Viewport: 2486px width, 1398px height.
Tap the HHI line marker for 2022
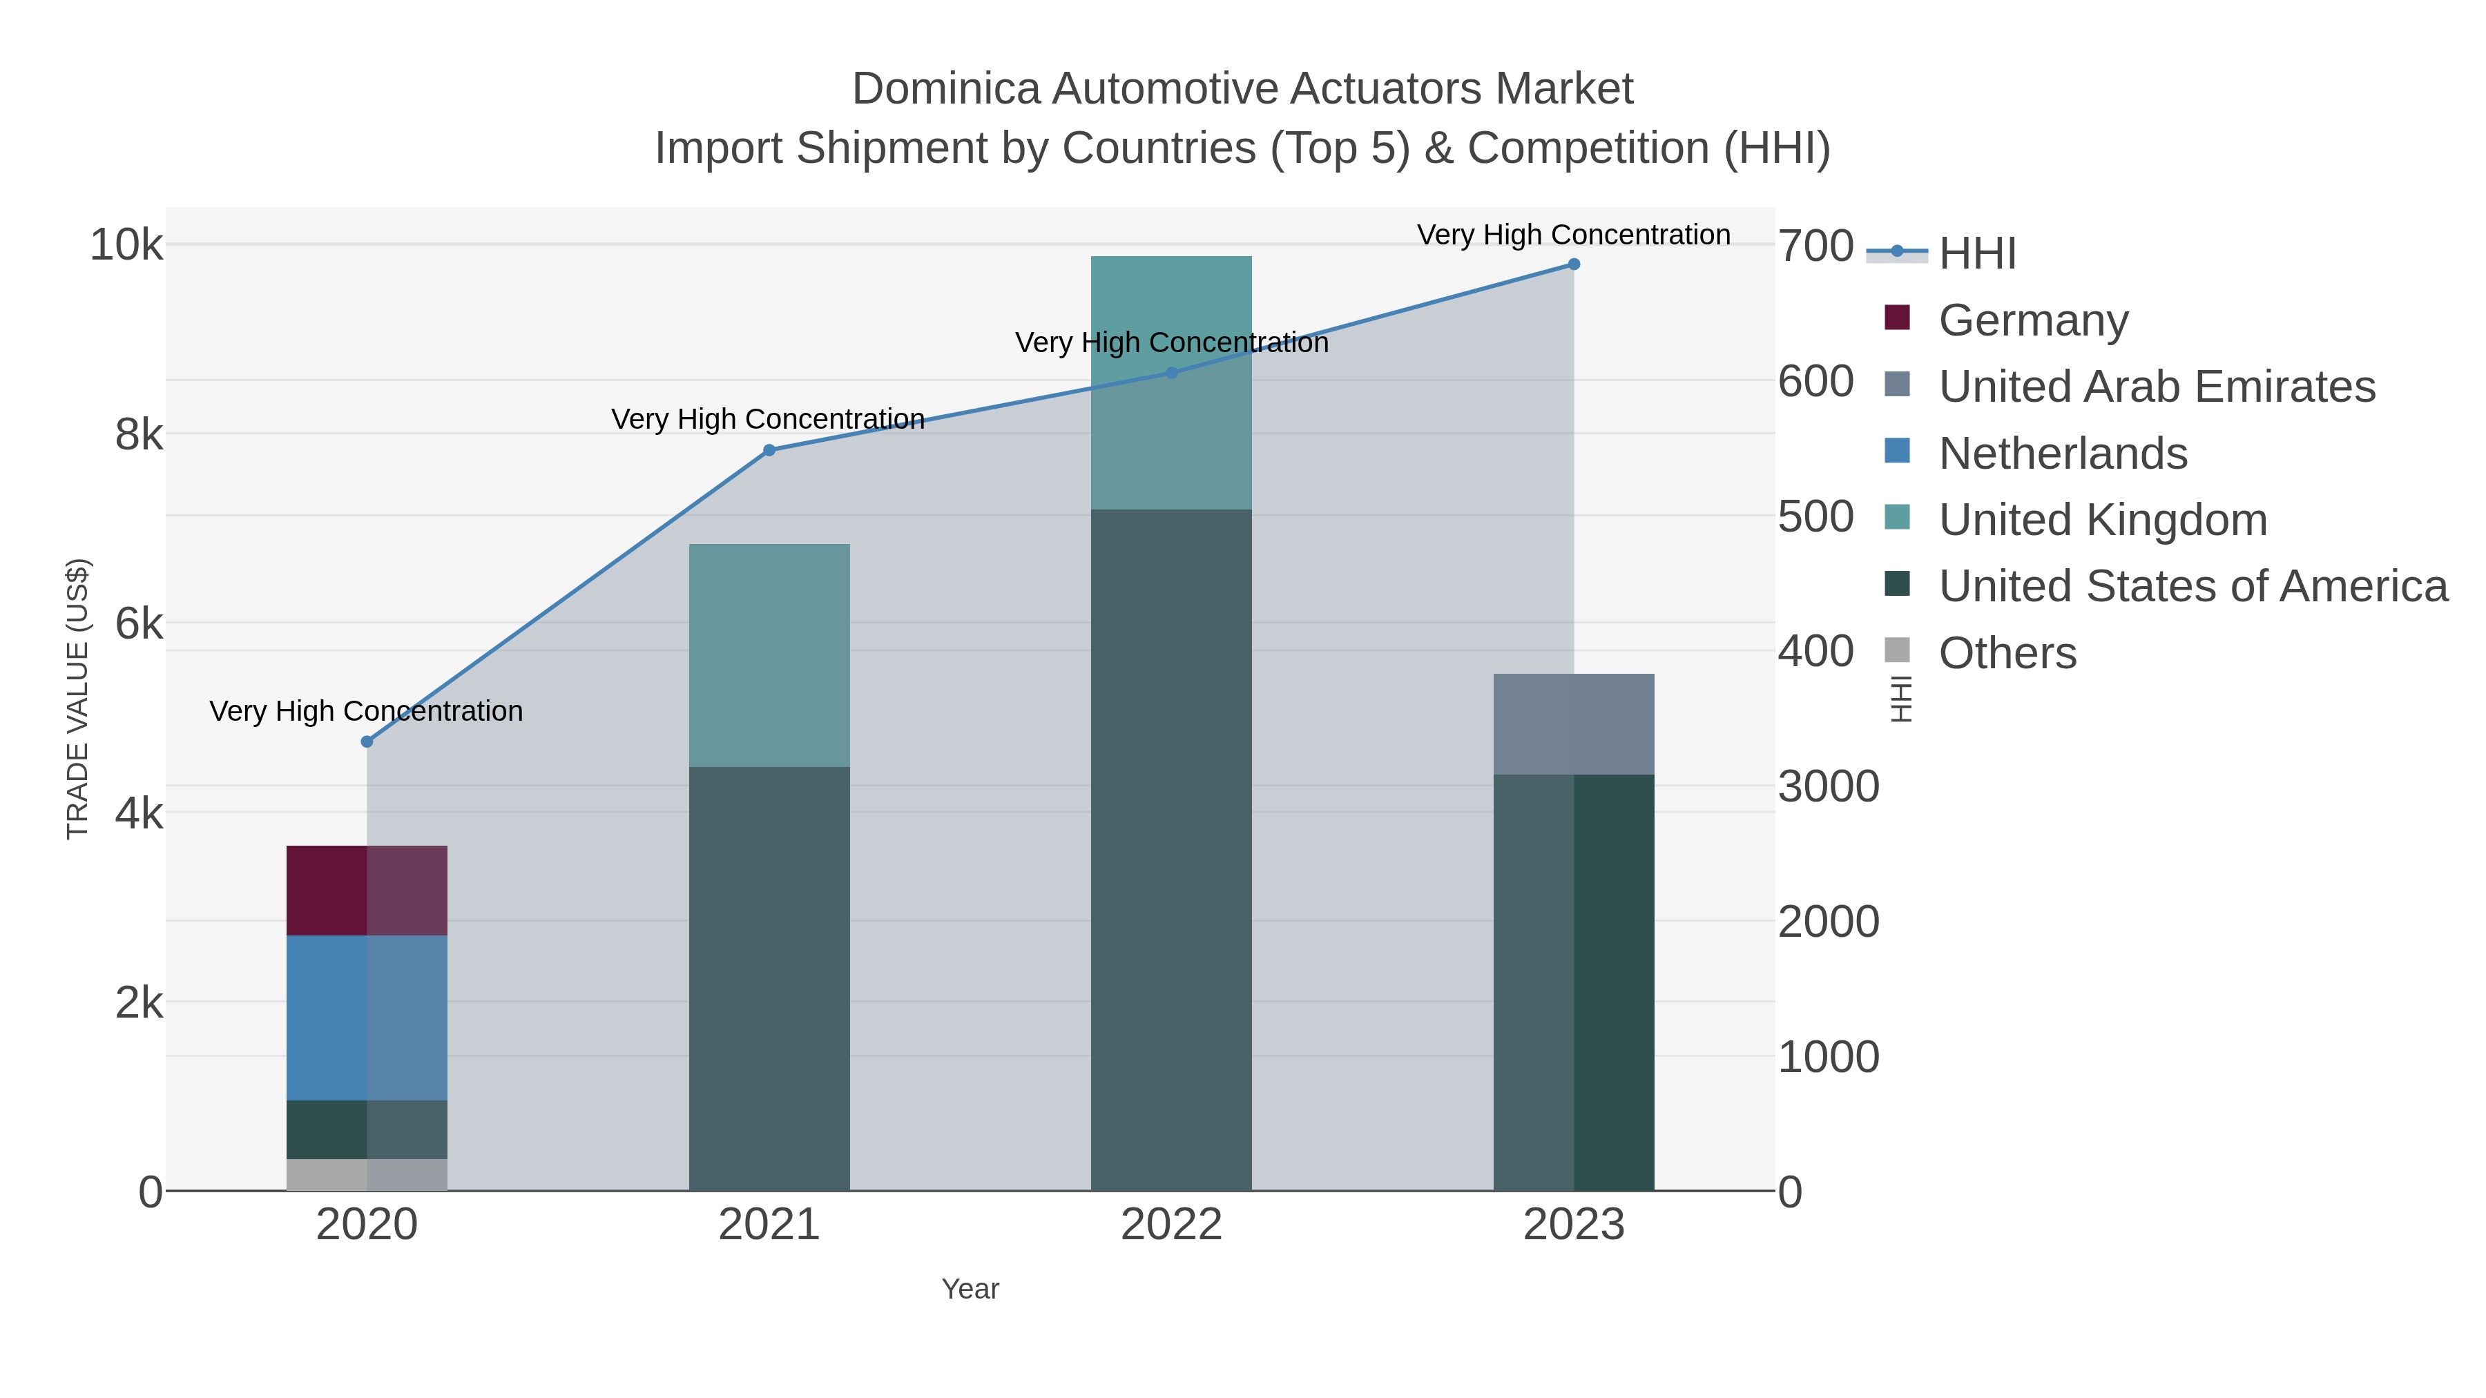[1172, 372]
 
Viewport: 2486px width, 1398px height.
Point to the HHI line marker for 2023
[1574, 264]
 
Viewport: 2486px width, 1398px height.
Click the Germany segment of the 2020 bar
[367, 891]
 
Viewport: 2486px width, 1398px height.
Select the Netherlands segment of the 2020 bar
[367, 1018]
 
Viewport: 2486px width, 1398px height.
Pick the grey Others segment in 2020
[367, 1174]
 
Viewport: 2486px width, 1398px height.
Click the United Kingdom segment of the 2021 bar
[769, 655]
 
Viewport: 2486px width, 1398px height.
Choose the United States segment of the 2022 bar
[1172, 849]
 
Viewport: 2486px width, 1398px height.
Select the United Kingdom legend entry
[2102, 520]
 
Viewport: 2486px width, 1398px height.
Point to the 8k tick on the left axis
[139, 435]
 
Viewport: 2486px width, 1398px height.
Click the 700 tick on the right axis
[1815, 246]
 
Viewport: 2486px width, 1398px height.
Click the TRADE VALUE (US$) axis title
[77, 699]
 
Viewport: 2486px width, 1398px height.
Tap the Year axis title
[970, 1289]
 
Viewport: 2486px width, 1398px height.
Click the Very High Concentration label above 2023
[1573, 235]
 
